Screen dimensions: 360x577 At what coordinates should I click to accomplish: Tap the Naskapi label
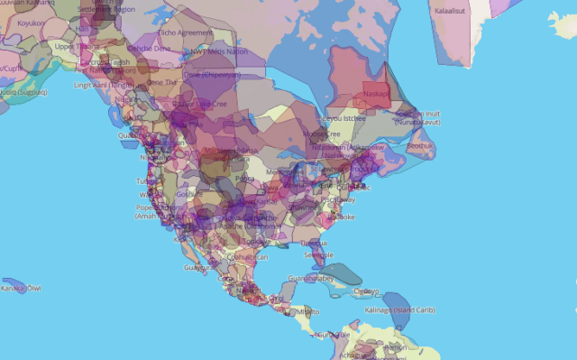[377, 93]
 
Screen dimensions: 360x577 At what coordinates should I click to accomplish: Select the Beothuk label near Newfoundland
[419, 143]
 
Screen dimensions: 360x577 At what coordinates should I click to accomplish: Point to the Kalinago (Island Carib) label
[400, 309]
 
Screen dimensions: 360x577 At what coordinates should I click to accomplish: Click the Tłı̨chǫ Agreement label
[185, 32]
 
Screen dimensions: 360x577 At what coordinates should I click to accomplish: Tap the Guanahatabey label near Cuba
[310, 279]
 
